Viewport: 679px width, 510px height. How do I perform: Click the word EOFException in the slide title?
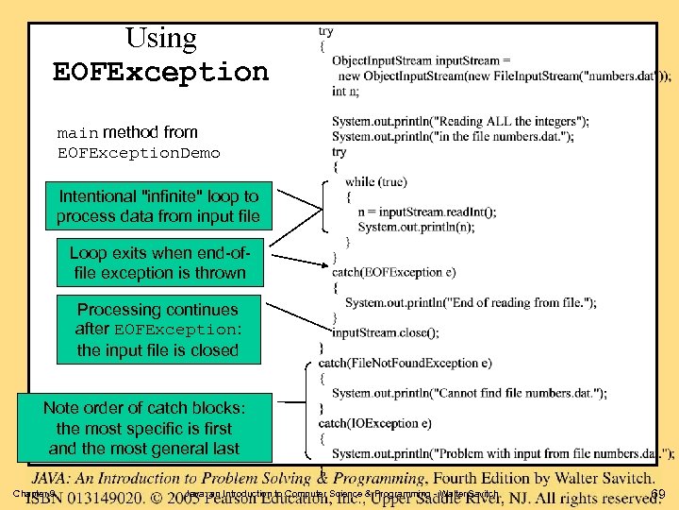pyautogui.click(x=161, y=72)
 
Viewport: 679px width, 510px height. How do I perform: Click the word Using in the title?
pyautogui.click(x=161, y=39)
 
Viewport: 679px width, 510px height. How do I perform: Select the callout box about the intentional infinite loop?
pyautogui.click(x=157, y=207)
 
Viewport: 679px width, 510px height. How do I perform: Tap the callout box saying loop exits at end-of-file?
pyautogui.click(x=157, y=263)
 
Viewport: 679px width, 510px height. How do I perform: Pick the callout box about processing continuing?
pyautogui.click(x=157, y=330)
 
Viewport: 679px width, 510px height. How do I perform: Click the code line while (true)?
pyautogui.click(x=374, y=181)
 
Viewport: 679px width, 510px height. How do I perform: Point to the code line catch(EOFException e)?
pyautogui.click(x=393, y=272)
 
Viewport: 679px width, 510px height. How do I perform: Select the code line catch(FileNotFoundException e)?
pyautogui.click(x=405, y=363)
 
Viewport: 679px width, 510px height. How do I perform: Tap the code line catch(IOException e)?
pyautogui.click(x=374, y=423)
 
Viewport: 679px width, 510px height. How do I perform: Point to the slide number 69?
pyautogui.click(x=659, y=495)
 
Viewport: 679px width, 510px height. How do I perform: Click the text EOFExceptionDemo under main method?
pyautogui.click(x=139, y=153)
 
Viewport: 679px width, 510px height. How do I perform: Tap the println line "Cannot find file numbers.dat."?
pyautogui.click(x=469, y=393)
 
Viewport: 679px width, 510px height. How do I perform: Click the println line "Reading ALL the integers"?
pyautogui.click(x=460, y=121)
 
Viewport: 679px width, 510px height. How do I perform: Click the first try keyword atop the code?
pyautogui.click(x=325, y=31)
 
